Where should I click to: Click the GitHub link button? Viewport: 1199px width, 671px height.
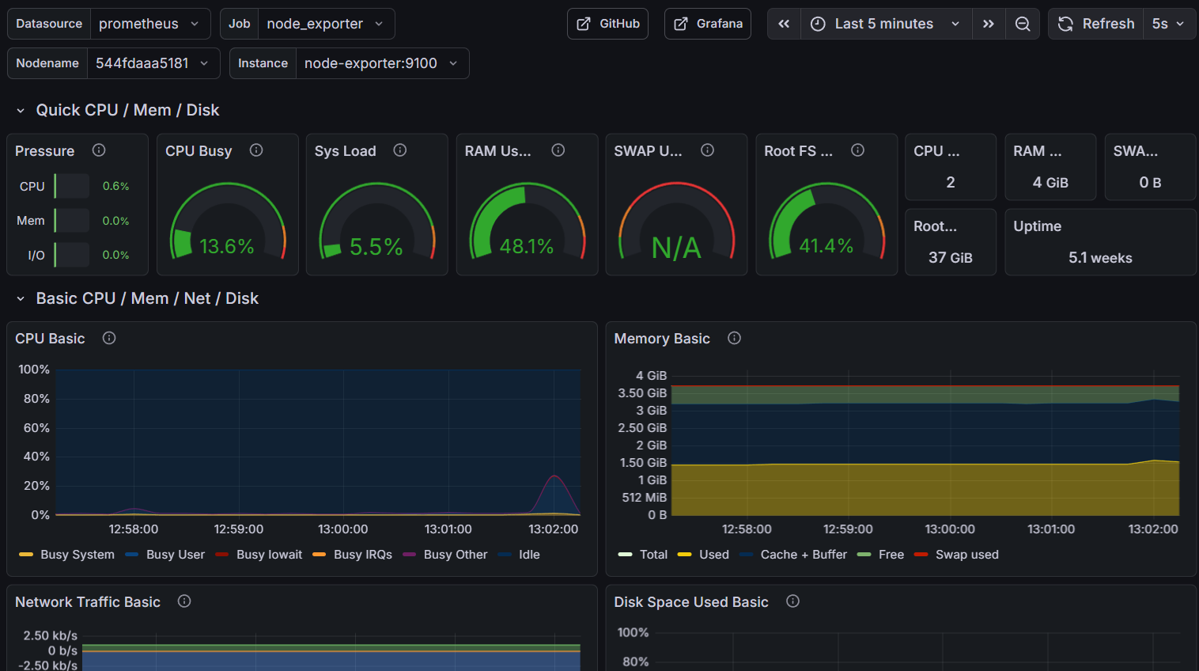(607, 24)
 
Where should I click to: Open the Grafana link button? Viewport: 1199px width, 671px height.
(707, 24)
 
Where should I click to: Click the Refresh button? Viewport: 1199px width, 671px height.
(1098, 24)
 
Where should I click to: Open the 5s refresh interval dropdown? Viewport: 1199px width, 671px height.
(1168, 24)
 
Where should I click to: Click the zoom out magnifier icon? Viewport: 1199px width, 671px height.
(1023, 24)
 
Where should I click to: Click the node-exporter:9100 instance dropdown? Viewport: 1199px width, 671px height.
(380, 63)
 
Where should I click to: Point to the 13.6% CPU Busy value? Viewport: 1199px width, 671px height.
(227, 247)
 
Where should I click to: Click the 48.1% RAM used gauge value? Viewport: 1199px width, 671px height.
(527, 247)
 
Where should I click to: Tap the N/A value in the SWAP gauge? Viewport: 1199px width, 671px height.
(676, 248)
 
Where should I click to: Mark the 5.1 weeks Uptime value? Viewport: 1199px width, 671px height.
(1100, 258)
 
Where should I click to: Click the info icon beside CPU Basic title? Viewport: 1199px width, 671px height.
(109, 338)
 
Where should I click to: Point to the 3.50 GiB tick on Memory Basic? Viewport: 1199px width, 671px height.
(642, 393)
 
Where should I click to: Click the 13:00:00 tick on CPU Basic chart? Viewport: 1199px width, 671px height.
(343, 529)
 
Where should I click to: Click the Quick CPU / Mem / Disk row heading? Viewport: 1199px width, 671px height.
(127, 110)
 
